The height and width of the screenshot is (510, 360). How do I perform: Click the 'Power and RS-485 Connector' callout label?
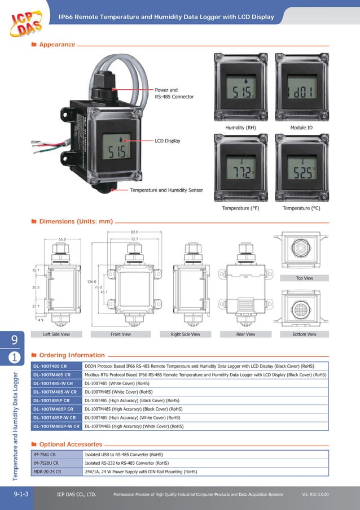(x=174, y=93)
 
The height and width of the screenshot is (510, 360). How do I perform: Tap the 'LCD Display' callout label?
(x=168, y=141)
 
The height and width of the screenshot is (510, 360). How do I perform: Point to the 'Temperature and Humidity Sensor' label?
(x=166, y=190)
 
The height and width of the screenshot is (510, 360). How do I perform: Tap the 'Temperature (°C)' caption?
(x=301, y=208)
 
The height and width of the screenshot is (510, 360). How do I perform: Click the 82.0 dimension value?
(x=134, y=232)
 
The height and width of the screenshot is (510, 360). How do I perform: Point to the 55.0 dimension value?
(x=62, y=239)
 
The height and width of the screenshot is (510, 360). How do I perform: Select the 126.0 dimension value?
(x=91, y=281)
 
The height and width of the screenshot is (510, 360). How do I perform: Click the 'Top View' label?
(x=304, y=278)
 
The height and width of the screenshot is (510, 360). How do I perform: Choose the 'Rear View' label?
(x=245, y=334)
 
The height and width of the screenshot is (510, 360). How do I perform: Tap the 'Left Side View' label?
(x=56, y=334)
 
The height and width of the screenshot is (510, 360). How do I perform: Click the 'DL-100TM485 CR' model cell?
(x=52, y=374)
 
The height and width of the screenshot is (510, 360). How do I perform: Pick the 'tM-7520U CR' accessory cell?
(x=46, y=463)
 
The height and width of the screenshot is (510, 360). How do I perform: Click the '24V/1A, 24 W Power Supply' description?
(x=141, y=471)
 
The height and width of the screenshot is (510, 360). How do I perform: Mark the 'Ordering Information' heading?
(x=72, y=355)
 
